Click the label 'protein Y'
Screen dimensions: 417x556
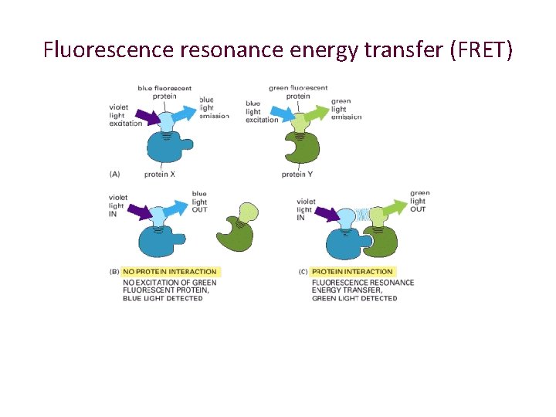pyautogui.click(x=297, y=175)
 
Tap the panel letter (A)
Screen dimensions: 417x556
pyautogui.click(x=115, y=175)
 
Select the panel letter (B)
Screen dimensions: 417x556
pyautogui.click(x=115, y=272)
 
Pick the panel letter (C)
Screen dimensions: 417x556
pyautogui.click(x=303, y=272)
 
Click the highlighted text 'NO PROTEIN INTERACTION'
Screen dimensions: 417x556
pyautogui.click(x=170, y=272)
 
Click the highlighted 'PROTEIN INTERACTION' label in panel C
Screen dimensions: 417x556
pyautogui.click(x=352, y=272)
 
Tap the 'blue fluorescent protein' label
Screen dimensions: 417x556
pyautogui.click(x=164, y=92)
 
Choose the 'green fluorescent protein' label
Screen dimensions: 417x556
pyautogui.click(x=298, y=92)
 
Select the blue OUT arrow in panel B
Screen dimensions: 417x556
pyautogui.click(x=185, y=209)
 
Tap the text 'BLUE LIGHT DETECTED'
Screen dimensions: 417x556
pyautogui.click(x=163, y=298)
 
